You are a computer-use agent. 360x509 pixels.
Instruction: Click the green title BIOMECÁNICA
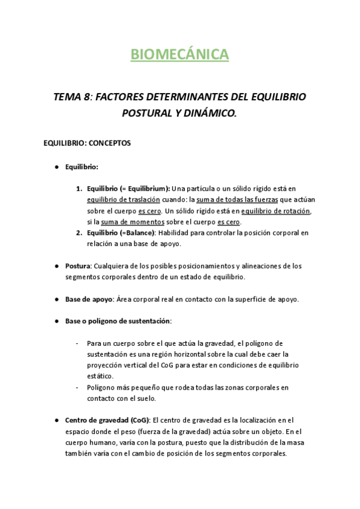click(x=180, y=55)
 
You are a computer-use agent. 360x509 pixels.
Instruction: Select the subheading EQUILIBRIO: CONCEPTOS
click(x=88, y=143)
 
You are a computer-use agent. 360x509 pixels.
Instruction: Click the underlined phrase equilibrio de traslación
click(x=124, y=200)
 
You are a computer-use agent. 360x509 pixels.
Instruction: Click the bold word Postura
click(x=79, y=266)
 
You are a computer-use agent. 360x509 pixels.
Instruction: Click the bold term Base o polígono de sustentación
click(x=118, y=321)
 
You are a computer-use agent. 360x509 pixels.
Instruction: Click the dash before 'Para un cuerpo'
click(x=77, y=343)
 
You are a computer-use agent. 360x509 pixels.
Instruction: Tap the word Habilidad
click(x=177, y=233)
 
